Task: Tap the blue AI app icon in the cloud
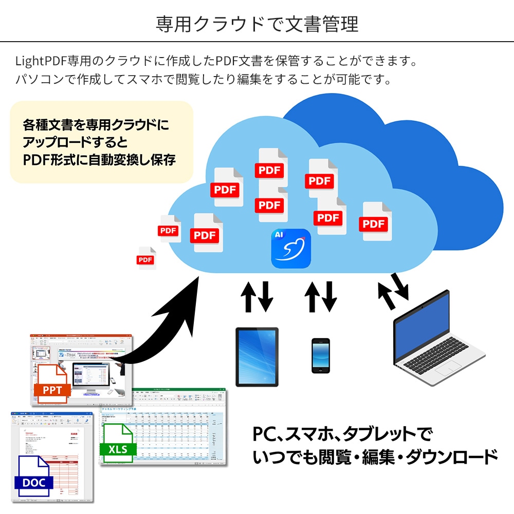coord(291,248)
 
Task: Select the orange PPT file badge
coord(52,390)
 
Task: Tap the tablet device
coord(257,357)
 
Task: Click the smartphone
coord(320,355)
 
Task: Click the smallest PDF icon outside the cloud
coord(146,259)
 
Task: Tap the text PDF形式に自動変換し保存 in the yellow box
coord(99,159)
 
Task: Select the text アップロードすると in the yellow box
coord(75,142)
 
